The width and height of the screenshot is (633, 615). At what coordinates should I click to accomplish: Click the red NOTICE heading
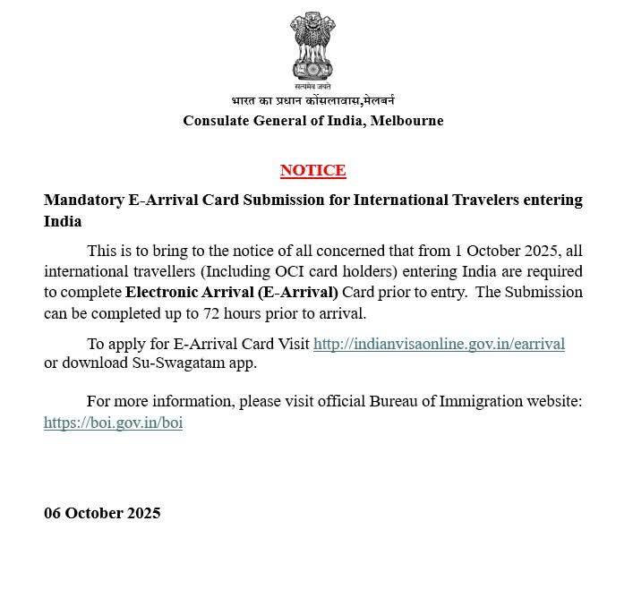(312, 170)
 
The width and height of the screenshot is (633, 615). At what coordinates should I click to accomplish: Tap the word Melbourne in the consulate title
(406, 121)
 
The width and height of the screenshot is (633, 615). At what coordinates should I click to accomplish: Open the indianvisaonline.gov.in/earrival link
(439, 344)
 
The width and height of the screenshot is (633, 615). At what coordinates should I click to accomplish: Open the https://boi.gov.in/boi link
(113, 423)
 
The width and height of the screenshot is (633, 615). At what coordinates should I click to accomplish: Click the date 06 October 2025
(102, 513)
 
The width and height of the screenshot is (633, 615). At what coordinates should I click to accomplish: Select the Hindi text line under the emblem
(312, 101)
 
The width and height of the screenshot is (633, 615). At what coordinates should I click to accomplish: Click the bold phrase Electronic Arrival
(190, 292)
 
